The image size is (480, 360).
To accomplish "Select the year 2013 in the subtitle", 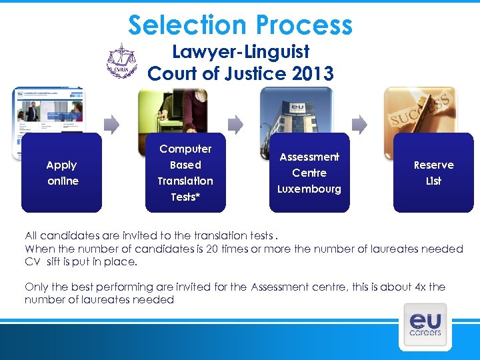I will tap(313, 73).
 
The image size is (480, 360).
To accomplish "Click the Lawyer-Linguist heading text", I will tap(241, 51).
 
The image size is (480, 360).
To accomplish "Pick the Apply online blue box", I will tap(62, 173).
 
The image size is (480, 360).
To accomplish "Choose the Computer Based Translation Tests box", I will tap(185, 173).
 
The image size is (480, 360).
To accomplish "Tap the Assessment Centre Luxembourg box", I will tap(309, 173).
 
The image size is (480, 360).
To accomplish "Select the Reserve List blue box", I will tap(433, 173).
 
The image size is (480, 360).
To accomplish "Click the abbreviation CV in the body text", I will tap(32, 262).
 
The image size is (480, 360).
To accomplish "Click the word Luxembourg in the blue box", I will tap(309, 189).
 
